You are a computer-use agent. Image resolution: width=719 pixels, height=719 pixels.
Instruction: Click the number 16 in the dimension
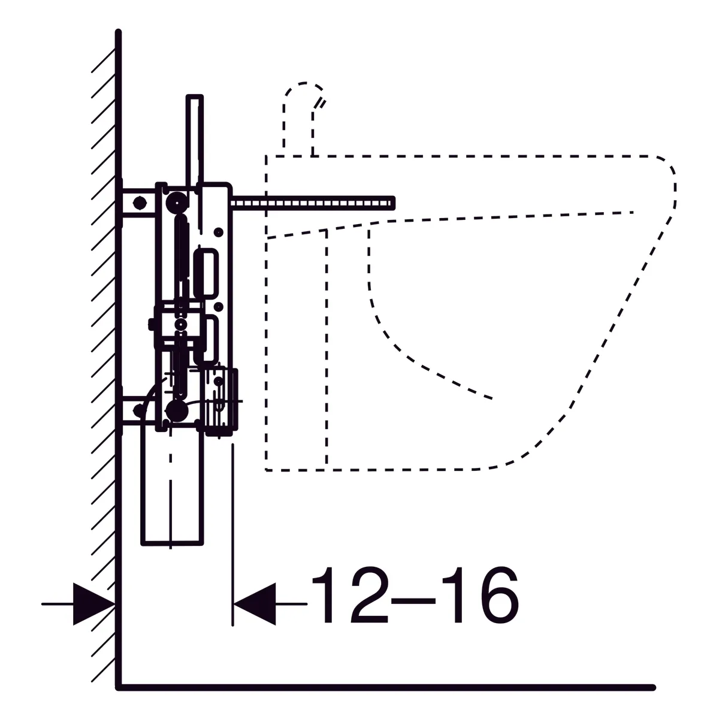pos(480,595)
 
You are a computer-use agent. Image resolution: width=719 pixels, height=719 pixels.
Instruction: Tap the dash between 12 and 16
pos(413,601)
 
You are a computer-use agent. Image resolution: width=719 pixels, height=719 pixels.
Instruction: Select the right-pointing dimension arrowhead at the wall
pos(94,604)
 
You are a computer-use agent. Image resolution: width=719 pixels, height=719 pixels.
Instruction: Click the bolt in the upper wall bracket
pos(140,203)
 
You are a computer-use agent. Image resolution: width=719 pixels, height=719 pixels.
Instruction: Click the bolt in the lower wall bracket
pos(139,410)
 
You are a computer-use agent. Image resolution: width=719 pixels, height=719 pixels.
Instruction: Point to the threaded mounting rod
pos(313,203)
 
